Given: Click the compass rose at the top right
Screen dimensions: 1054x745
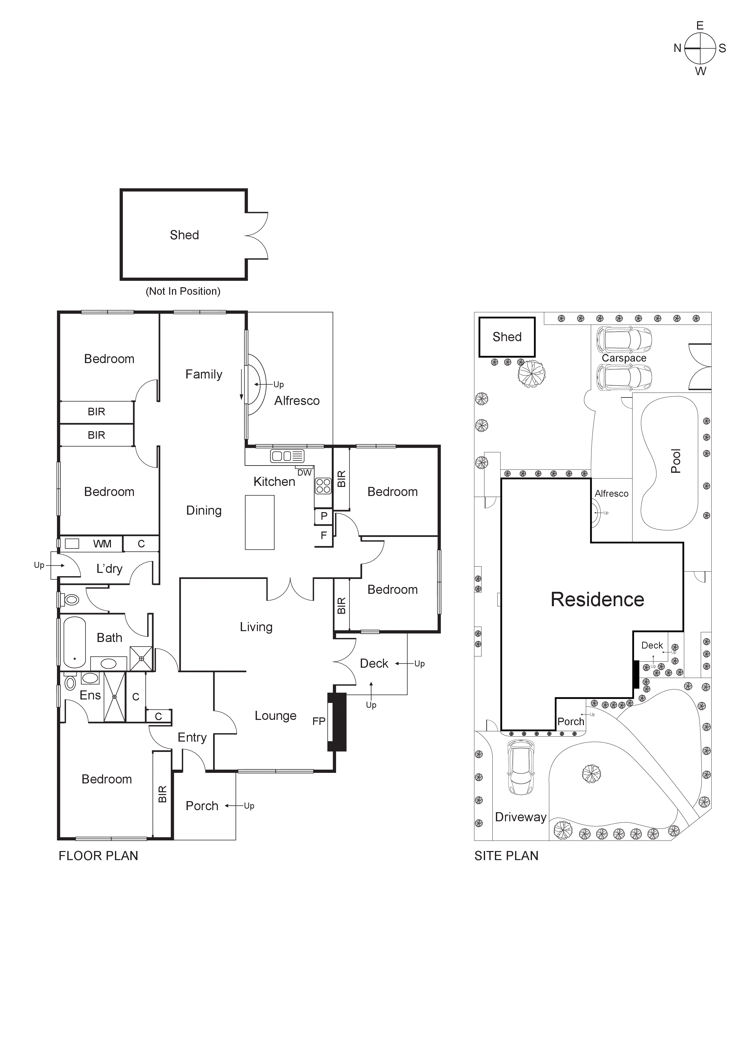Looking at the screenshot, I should [x=700, y=48].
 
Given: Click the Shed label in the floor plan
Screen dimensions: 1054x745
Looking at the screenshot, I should [x=184, y=235].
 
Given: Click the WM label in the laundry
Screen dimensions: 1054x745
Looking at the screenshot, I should [x=102, y=544].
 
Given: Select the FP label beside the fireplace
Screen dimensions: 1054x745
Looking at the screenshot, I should [x=319, y=721].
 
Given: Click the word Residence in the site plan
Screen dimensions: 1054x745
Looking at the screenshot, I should [x=597, y=600].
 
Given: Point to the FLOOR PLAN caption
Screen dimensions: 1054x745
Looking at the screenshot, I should [x=98, y=856].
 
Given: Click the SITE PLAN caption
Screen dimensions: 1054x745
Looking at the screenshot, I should [x=506, y=856].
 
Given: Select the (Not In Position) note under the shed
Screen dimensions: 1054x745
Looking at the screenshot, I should [x=183, y=291].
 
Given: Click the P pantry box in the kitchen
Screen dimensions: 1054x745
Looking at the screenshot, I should [x=324, y=516].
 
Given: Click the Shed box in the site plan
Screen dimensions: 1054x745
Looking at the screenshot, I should [x=507, y=337].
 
